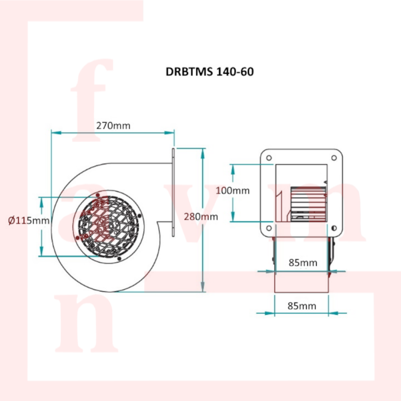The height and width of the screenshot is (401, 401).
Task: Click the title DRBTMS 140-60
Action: pyautogui.click(x=210, y=72)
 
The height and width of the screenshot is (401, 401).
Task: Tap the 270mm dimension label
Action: pyautogui.click(x=113, y=126)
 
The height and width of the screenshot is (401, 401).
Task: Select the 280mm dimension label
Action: pyautogui.click(x=201, y=217)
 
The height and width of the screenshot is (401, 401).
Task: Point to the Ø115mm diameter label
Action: pyautogui.click(x=29, y=220)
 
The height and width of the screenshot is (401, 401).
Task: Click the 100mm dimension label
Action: pyautogui.click(x=233, y=190)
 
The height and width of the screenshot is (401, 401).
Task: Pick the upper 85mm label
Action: pyautogui.click(x=303, y=263)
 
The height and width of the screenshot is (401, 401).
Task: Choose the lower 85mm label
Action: pyautogui.click(x=302, y=306)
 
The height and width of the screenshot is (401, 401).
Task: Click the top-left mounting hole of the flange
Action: pyautogui.click(x=269, y=158)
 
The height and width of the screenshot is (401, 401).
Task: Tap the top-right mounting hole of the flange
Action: pyautogui.click(x=334, y=158)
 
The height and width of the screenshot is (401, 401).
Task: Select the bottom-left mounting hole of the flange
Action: pyautogui.click(x=269, y=228)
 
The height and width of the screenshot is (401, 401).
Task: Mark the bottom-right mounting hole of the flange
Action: pyautogui.click(x=334, y=228)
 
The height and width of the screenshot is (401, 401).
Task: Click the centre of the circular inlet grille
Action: pyautogui.click(x=109, y=227)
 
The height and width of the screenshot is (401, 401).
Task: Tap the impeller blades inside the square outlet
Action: pyautogui.click(x=308, y=204)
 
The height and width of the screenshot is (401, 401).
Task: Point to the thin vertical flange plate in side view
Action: pyautogui.click(x=173, y=192)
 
